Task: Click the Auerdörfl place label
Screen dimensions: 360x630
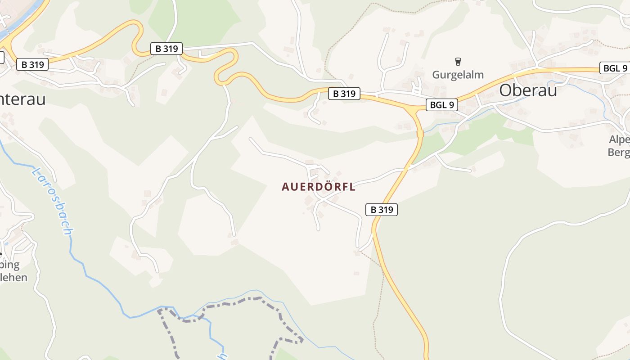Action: coord(319,187)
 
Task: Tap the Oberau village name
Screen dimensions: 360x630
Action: coord(528,90)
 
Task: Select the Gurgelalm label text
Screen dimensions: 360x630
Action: coord(458,75)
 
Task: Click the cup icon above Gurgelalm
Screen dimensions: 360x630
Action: coord(458,62)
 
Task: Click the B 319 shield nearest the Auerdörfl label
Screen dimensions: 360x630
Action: coord(382,209)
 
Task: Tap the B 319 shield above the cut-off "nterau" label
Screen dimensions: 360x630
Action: coord(32,64)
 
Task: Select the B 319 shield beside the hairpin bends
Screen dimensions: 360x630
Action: coord(166,49)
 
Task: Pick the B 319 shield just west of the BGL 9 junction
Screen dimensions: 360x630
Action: coord(344,94)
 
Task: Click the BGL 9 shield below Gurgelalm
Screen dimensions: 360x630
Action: coord(442,105)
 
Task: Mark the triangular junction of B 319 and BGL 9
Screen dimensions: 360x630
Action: coord(412,108)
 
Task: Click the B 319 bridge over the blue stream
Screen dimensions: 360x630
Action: coord(420,134)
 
